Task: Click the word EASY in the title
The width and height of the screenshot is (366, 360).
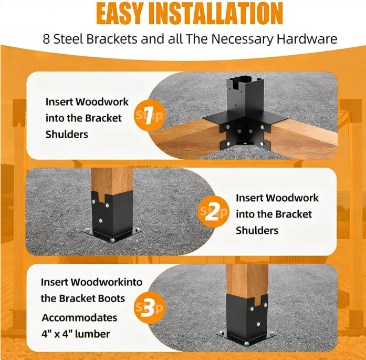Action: [119, 13]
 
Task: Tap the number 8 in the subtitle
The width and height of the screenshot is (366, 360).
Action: [46, 39]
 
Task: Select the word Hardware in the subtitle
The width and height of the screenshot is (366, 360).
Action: [307, 39]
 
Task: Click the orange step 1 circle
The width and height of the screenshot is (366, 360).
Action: [150, 115]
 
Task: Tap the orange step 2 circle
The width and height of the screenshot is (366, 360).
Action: [213, 212]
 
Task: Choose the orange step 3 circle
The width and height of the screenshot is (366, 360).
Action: [150, 307]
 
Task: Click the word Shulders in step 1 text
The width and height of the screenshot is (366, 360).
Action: [67, 135]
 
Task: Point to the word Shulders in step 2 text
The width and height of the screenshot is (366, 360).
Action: [257, 231]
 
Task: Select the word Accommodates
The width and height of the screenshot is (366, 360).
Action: [79, 318]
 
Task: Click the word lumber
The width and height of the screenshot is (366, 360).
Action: [92, 334]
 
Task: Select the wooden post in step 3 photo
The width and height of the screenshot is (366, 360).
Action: [247, 283]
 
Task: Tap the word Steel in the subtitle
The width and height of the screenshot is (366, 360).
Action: [65, 39]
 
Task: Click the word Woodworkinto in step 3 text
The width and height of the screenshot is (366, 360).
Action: [107, 282]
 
